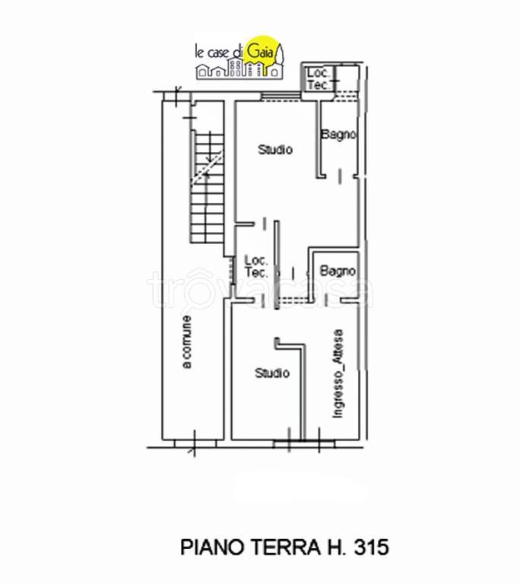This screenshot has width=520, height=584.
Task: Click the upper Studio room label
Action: [x=274, y=150]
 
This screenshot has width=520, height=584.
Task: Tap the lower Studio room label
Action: [x=271, y=373]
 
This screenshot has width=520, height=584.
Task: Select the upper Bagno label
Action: [x=338, y=135]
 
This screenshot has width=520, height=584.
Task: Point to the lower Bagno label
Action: [x=338, y=270]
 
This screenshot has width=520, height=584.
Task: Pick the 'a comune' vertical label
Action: [x=186, y=342]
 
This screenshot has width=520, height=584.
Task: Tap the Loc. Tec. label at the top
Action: [x=318, y=79]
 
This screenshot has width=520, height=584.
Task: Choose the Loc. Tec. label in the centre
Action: [x=255, y=266]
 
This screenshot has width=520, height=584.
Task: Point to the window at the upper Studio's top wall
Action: [x=270, y=97]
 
